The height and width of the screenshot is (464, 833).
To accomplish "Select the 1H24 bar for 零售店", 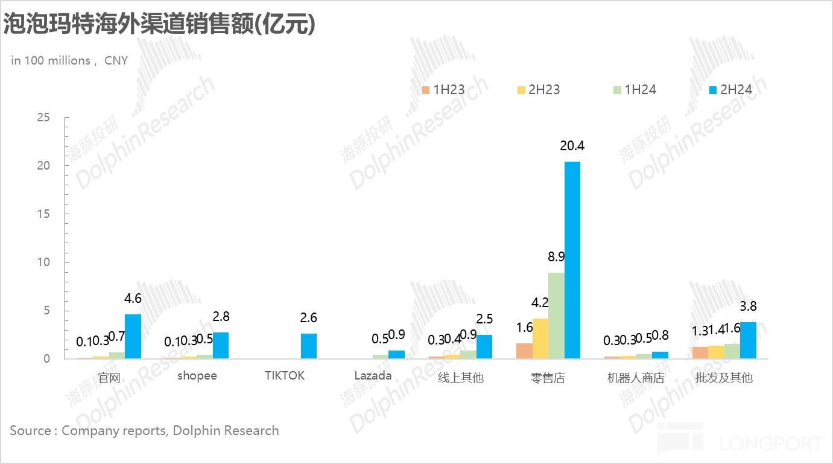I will [556, 316].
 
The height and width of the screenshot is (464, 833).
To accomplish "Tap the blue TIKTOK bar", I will [308, 346].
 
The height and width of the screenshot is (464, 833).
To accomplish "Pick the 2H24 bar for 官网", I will [133, 336].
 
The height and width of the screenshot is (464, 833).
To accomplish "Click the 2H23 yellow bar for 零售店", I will [540, 338].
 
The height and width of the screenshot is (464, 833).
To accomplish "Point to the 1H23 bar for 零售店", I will [524, 351].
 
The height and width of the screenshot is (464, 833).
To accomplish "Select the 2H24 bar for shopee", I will [221, 345].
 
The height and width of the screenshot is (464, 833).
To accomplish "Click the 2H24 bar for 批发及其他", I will [748, 340].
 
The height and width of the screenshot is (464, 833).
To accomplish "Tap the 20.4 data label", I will [572, 146].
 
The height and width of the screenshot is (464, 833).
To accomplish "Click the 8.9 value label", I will [556, 257].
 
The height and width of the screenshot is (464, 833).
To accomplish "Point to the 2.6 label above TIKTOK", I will [308, 318].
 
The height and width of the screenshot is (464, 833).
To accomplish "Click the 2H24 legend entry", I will [730, 90].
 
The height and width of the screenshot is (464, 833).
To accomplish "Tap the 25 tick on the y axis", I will [43, 117].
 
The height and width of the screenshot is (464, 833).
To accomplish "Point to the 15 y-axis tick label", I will [43, 214].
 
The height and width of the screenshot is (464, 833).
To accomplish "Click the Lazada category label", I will [373, 376].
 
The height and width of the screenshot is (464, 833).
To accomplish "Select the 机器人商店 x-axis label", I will [635, 378].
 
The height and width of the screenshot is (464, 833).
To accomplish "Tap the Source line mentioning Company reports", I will [144, 431].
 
